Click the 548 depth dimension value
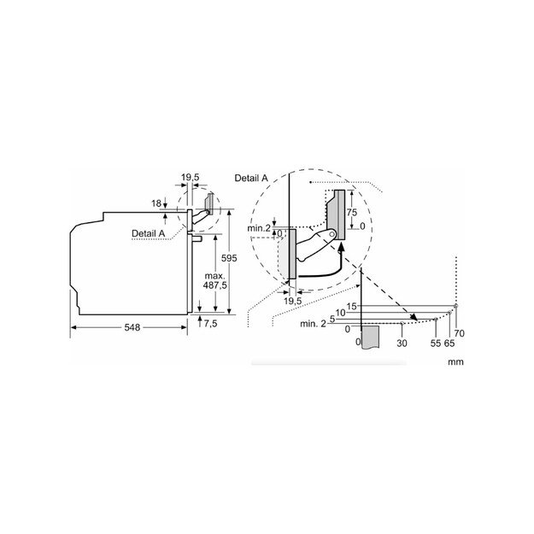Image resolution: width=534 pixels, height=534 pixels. point(131,326)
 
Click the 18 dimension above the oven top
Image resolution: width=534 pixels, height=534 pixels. point(156,203)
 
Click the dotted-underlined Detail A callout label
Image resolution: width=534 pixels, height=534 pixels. point(149,233)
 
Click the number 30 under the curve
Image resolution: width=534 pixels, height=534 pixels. point(402,342)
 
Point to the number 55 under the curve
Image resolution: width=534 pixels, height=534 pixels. point(436,342)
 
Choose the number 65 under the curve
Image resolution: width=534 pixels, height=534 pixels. point(449,342)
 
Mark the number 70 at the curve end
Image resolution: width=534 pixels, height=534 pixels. point(460,332)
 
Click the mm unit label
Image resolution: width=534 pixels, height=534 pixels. point(455,361)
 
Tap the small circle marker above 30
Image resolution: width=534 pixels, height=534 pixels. point(402,324)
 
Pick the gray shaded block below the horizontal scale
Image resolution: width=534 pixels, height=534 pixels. point(369,339)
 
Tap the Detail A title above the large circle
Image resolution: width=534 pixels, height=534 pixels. point(251,177)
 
